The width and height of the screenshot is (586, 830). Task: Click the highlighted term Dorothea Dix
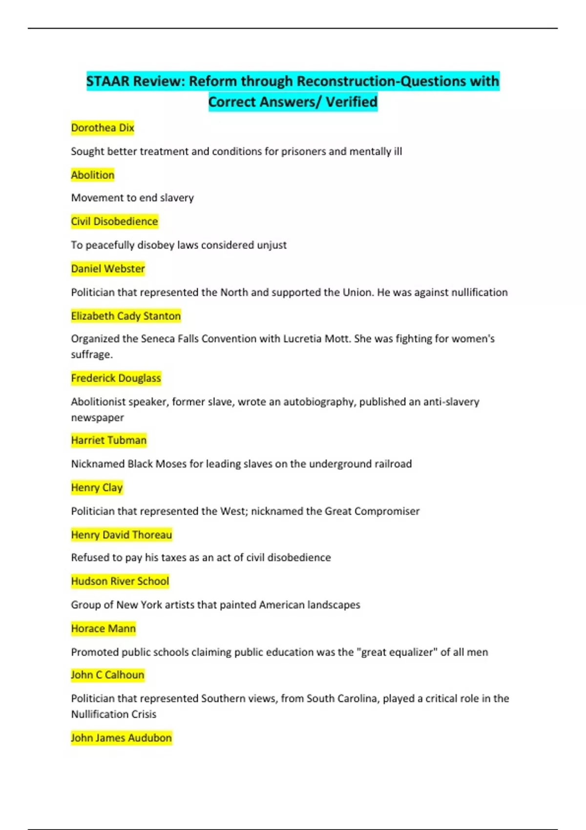click(102, 128)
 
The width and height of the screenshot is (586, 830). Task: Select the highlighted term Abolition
click(92, 175)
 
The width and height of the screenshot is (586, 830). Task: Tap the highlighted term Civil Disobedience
click(114, 222)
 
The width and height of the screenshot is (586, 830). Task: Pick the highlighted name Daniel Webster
click(107, 269)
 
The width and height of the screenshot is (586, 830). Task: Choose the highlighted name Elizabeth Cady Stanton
click(126, 316)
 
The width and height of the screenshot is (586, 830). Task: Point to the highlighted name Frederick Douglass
click(116, 378)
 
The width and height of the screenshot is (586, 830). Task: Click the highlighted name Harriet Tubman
click(108, 440)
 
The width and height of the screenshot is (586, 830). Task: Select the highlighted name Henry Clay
click(97, 487)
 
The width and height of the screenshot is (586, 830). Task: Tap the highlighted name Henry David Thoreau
click(121, 535)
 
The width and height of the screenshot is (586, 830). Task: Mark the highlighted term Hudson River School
click(120, 581)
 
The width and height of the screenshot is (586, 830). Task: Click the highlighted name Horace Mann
click(103, 628)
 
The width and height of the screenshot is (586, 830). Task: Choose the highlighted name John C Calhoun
click(107, 675)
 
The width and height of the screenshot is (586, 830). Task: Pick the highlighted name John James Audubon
click(121, 738)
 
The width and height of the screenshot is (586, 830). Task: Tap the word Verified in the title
click(352, 102)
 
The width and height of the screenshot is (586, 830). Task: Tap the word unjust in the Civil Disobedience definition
click(272, 245)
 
